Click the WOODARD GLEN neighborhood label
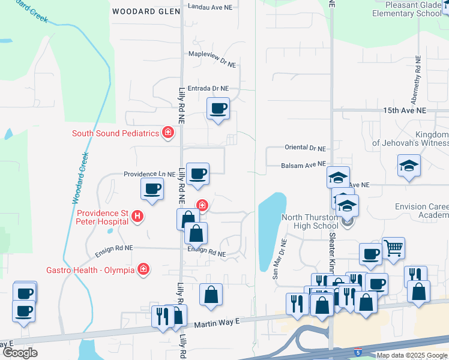click(x=142, y=11)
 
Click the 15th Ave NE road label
click(x=405, y=111)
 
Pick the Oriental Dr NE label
click(x=305, y=148)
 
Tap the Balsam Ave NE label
click(x=304, y=164)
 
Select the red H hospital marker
click(x=137, y=216)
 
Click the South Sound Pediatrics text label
click(x=115, y=133)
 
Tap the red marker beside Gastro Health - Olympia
click(x=143, y=269)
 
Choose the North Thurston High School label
click(x=308, y=222)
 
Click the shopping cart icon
click(x=393, y=247)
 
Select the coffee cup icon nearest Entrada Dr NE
click(x=218, y=109)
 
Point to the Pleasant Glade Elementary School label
click(x=406, y=8)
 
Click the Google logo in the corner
click(x=20, y=353)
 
